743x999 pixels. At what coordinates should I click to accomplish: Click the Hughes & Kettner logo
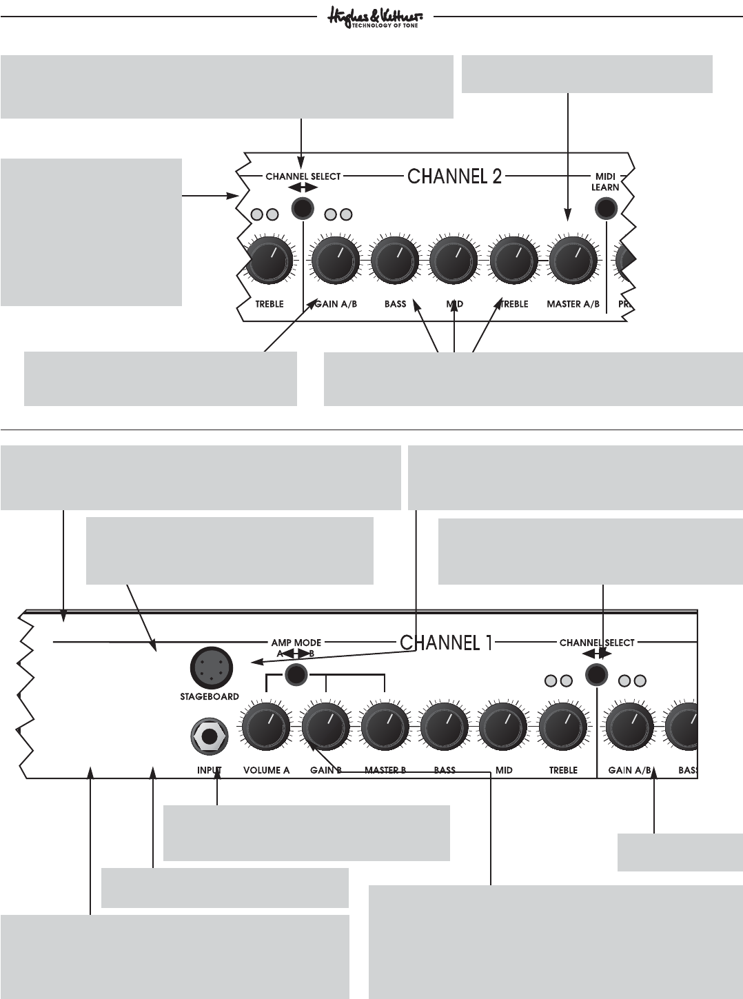375,18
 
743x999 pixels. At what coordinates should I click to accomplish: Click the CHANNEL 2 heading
454,176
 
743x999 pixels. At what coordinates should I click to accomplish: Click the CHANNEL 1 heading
446,643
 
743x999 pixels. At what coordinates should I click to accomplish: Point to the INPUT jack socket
210,737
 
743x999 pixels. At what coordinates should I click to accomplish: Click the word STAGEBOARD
210,696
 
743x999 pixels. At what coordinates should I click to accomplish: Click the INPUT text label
209,770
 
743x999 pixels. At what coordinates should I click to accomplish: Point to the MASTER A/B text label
573,304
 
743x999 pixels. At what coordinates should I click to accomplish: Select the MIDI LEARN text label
605,182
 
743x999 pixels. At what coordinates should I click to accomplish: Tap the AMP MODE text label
296,643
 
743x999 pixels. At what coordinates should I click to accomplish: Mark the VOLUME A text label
266,770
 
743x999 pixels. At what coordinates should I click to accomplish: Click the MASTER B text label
385,770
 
